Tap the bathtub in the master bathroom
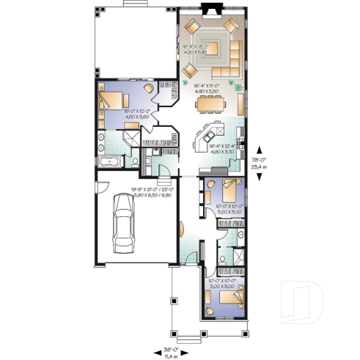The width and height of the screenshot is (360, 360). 109,162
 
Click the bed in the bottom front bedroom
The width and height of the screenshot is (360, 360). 232,298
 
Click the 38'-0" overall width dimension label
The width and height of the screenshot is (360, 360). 172,349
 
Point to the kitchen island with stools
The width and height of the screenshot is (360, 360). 205,137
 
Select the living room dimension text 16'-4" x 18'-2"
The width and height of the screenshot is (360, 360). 196,51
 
